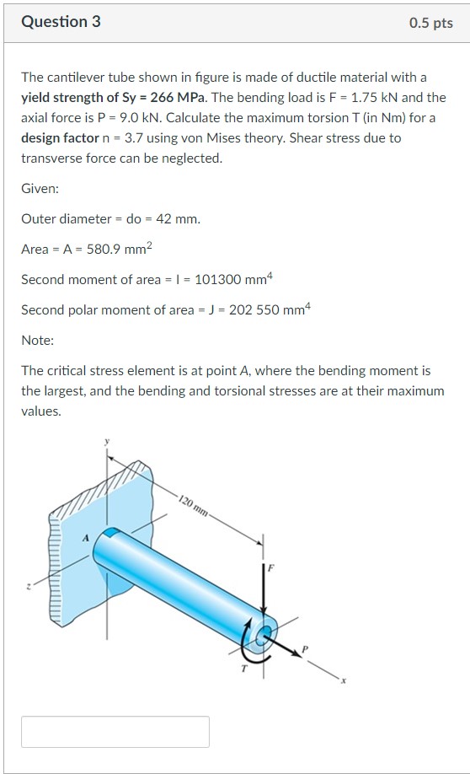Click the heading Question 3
tap(61, 22)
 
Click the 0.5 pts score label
tap(430, 23)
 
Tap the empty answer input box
tap(115, 731)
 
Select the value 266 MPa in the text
tap(185, 97)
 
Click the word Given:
tap(40, 189)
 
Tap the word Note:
tap(37, 341)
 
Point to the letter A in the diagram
tap(84, 536)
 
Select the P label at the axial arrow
tap(306, 647)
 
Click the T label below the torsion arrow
tap(243, 669)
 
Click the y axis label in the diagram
tap(108, 441)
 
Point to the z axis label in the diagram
tap(29, 588)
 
